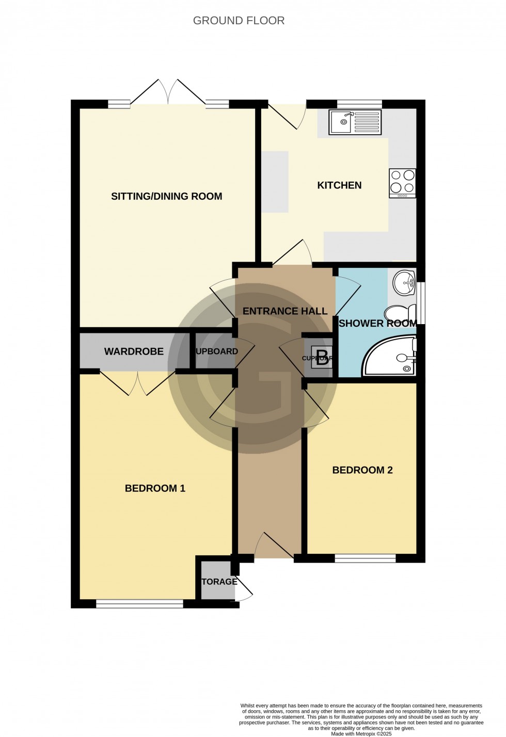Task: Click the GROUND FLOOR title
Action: tap(239, 21)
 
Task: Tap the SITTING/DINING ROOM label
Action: tap(166, 196)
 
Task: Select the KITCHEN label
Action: tap(339, 185)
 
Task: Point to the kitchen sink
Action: tap(355, 122)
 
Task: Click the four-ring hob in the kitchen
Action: tap(403, 183)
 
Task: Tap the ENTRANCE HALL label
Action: tap(285, 311)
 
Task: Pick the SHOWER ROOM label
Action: tap(377, 324)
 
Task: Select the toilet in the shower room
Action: tap(401, 313)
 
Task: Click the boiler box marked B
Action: tap(322, 357)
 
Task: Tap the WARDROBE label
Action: tap(134, 352)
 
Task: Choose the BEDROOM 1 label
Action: tap(155, 488)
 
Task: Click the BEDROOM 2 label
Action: tap(362, 470)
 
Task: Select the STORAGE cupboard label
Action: tap(219, 582)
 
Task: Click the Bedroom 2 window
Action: tap(365, 558)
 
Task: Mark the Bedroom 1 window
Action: tap(139, 603)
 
